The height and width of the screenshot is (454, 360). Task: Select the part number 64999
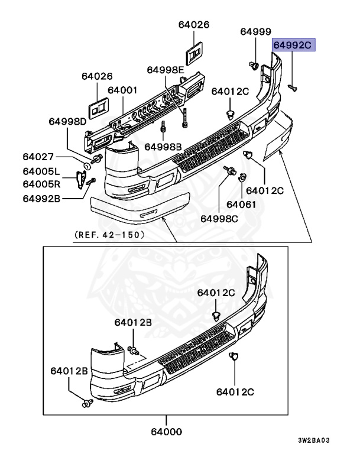pyautogui.click(x=255, y=32)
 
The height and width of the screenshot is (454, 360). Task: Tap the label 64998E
pyautogui.click(x=166, y=70)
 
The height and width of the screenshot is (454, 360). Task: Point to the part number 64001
pyautogui.click(x=122, y=90)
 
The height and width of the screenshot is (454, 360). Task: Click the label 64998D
pyautogui.click(x=67, y=122)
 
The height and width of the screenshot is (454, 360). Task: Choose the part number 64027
pyautogui.click(x=38, y=157)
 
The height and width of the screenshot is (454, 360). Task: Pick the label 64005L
pyautogui.click(x=41, y=172)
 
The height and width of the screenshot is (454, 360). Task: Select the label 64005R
pyautogui.click(x=41, y=183)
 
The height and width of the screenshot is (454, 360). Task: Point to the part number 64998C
pyautogui.click(x=218, y=218)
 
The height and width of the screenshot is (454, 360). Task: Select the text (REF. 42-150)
pyautogui.click(x=110, y=234)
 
